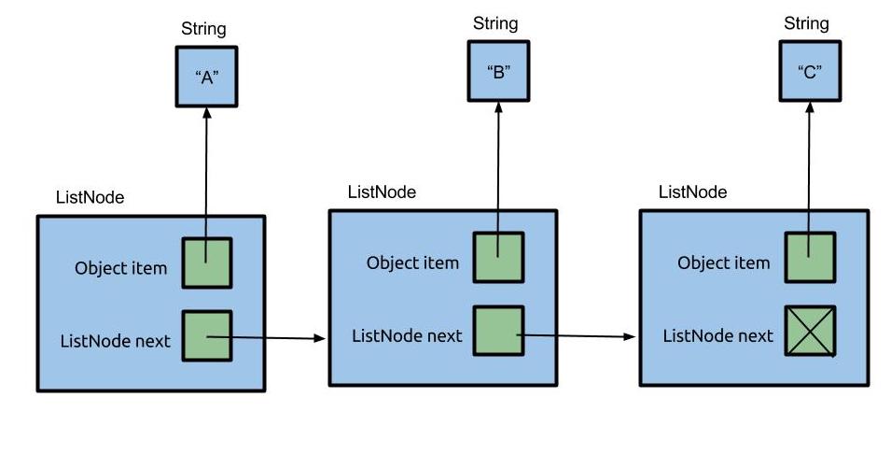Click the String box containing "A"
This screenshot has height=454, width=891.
[x=207, y=77]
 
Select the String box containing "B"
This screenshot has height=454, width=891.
[x=498, y=72]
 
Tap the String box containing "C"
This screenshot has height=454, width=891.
[x=810, y=72]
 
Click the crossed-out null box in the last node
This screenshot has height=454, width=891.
[x=810, y=331]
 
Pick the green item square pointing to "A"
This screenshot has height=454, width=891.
[x=206, y=263]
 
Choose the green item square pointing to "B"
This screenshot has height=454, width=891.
[x=498, y=257]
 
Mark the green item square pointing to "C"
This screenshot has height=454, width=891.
[x=810, y=257]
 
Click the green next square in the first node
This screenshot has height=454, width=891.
[x=206, y=336]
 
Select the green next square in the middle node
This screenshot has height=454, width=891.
[x=498, y=331]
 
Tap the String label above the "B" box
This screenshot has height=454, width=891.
[x=495, y=22]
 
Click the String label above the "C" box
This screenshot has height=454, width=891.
[x=806, y=22]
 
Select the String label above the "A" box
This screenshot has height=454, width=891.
[x=203, y=28]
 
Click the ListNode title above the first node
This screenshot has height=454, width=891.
[x=90, y=197]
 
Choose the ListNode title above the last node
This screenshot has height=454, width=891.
[x=692, y=192]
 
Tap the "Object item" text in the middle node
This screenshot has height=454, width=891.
[x=412, y=262]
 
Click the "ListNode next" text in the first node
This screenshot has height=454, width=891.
[x=115, y=341]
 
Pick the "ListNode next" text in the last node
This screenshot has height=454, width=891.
[x=717, y=335]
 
